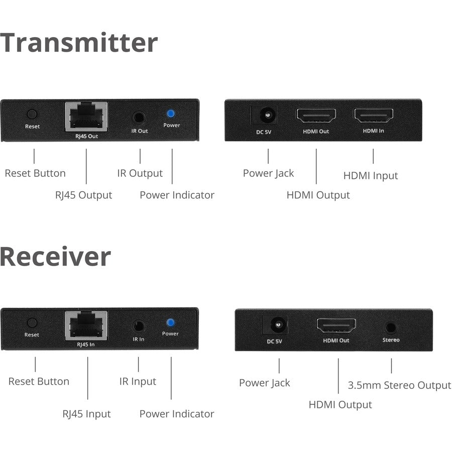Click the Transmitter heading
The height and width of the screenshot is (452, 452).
[x=79, y=43]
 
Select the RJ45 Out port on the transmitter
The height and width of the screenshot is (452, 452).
[x=86, y=117]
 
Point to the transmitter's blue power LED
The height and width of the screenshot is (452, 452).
[x=171, y=114]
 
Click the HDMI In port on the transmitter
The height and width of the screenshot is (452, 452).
[x=373, y=116]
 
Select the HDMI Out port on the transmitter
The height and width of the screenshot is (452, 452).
[x=316, y=117]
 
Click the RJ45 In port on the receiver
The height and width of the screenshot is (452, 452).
[x=86, y=325]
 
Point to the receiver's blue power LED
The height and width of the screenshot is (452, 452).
[x=170, y=322]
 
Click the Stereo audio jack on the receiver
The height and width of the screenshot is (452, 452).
[x=391, y=327]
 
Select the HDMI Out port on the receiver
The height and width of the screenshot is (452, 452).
[x=336, y=325]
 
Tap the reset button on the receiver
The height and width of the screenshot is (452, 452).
[x=32, y=323]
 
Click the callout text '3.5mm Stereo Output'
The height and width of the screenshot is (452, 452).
[x=399, y=385]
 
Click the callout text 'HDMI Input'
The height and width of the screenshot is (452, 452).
[x=371, y=176]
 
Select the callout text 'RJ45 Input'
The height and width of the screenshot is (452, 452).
[x=86, y=414]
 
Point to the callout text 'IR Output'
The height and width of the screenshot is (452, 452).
[x=140, y=173]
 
